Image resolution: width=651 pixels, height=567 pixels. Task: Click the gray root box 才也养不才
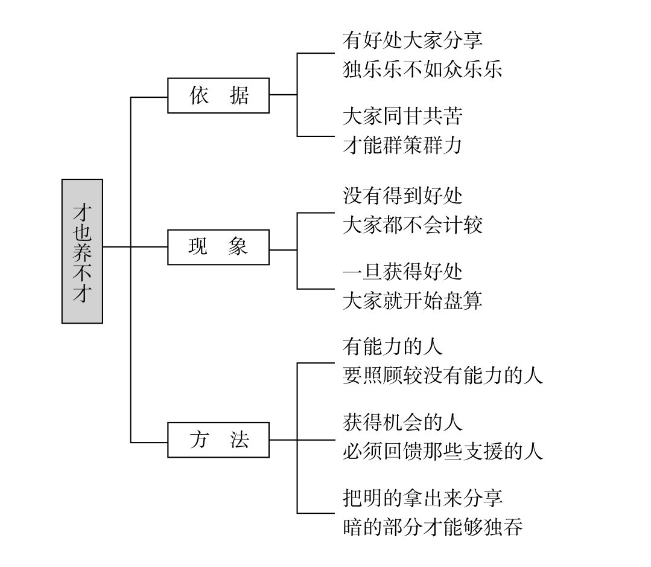click(82, 251)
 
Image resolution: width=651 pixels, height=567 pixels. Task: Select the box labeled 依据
click(218, 95)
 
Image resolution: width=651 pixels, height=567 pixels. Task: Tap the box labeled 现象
click(218, 247)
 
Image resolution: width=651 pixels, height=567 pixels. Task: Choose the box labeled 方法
click(218, 440)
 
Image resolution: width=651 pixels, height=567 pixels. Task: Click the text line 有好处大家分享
click(412, 41)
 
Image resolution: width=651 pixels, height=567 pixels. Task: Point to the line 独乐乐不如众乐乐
click(422, 69)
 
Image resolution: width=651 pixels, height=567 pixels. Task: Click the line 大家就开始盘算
click(412, 300)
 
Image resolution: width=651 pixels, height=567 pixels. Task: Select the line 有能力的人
click(392, 347)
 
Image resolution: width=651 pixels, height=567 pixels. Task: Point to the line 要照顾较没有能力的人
click(442, 376)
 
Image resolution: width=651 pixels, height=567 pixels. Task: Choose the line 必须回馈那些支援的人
click(442, 451)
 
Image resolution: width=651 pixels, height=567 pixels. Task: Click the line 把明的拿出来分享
click(422, 498)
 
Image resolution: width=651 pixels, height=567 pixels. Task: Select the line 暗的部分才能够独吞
click(432, 527)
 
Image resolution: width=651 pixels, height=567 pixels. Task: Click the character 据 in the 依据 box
click(239, 95)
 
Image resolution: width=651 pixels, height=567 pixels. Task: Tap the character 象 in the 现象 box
click(238, 247)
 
